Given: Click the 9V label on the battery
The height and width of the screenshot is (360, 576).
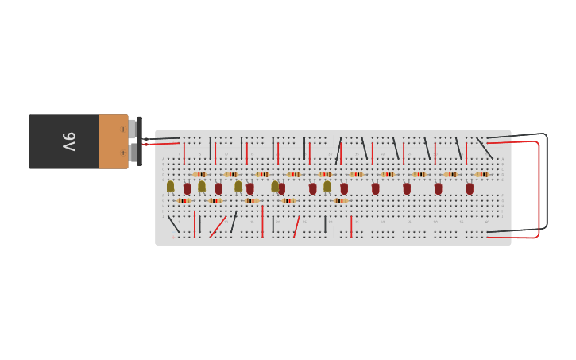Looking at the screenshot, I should (69, 141).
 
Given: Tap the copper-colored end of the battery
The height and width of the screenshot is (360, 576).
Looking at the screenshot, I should (113, 141).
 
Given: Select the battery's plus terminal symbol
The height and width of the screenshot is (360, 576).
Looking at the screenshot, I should (122, 153).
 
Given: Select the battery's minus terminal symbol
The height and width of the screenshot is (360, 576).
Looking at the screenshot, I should (122, 130).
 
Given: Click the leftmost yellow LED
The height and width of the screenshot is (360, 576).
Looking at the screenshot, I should (170, 186).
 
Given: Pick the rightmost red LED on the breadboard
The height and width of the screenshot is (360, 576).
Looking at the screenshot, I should (470, 188).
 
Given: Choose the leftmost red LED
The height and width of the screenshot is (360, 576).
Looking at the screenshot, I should (187, 188).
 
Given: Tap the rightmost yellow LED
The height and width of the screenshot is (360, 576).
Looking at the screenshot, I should (327, 186).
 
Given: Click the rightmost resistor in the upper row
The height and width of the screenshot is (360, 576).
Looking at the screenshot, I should (481, 174).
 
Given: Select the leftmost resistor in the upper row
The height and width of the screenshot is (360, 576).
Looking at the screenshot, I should (199, 174).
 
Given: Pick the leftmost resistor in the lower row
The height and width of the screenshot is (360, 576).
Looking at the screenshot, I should (184, 200).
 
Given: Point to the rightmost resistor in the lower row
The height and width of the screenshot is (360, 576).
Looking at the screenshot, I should (340, 200).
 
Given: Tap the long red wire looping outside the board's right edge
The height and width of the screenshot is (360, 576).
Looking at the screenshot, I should (539, 191).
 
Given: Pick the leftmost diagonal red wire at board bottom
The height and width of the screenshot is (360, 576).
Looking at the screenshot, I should (218, 226).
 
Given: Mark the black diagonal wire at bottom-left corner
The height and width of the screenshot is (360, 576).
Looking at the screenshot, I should (173, 224).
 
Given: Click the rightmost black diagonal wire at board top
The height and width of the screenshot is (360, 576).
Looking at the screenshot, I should (484, 148).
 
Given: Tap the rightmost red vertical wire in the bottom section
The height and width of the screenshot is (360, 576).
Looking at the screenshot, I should (351, 226).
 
